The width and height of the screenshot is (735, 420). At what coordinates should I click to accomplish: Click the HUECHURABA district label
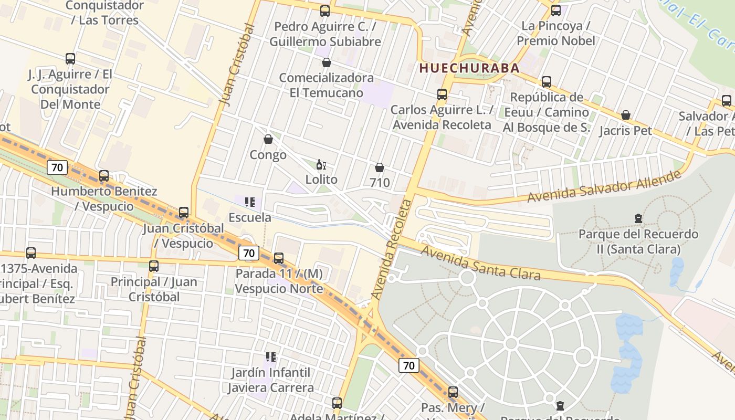pos(469,68)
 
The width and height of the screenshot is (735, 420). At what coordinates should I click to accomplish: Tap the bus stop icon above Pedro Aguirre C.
pos(325,10)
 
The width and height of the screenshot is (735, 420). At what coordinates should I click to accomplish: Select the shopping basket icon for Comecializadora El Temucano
pos(327,62)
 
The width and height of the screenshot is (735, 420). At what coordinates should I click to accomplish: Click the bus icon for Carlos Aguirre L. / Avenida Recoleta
pos(442,94)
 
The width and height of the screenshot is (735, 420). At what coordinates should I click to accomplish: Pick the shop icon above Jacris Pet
pos(626,115)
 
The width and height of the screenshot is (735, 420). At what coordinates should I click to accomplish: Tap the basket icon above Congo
pos(268,139)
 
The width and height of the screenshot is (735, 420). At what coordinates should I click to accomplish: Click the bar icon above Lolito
pos(321,164)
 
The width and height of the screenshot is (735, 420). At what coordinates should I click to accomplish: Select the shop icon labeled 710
pos(380,167)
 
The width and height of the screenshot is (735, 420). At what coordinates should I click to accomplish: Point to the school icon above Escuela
pos(250,202)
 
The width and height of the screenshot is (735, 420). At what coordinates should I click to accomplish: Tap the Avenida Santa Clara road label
pos(480,264)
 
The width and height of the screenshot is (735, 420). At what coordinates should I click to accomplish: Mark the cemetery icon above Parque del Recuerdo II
pos(638,218)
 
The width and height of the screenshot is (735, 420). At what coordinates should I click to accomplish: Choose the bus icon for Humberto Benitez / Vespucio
pos(104,176)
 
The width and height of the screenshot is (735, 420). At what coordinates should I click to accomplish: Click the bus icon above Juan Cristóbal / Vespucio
pos(184,213)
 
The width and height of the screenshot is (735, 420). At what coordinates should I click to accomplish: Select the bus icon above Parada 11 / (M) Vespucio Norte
pos(279,258)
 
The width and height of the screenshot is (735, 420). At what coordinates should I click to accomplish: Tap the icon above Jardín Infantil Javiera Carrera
pos(271,357)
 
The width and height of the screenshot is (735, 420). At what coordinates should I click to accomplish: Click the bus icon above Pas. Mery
pos(453,392)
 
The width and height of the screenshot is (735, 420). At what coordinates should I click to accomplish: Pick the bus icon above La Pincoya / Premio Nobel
pos(556,10)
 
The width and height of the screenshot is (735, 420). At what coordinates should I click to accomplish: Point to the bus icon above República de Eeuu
pos(547,82)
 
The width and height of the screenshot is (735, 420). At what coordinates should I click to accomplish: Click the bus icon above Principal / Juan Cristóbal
pos(154,266)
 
